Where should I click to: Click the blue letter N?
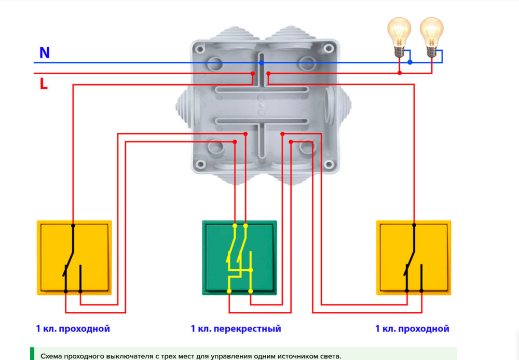tap(45, 52)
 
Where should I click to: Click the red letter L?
tap(44, 84)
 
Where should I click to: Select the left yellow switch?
tap(74, 257)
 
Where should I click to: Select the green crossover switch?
tap(239, 257)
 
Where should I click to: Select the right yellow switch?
tap(414, 257)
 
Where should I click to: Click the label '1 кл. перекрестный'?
tap(236, 329)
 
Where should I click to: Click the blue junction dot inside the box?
tap(261, 62)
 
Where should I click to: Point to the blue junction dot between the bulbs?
tap(410, 62)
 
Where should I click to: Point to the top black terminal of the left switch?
tap(73, 226)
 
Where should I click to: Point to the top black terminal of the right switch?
tap(414, 225)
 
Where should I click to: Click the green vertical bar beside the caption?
tap(32, 354)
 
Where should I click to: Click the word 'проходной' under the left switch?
tap(85, 329)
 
